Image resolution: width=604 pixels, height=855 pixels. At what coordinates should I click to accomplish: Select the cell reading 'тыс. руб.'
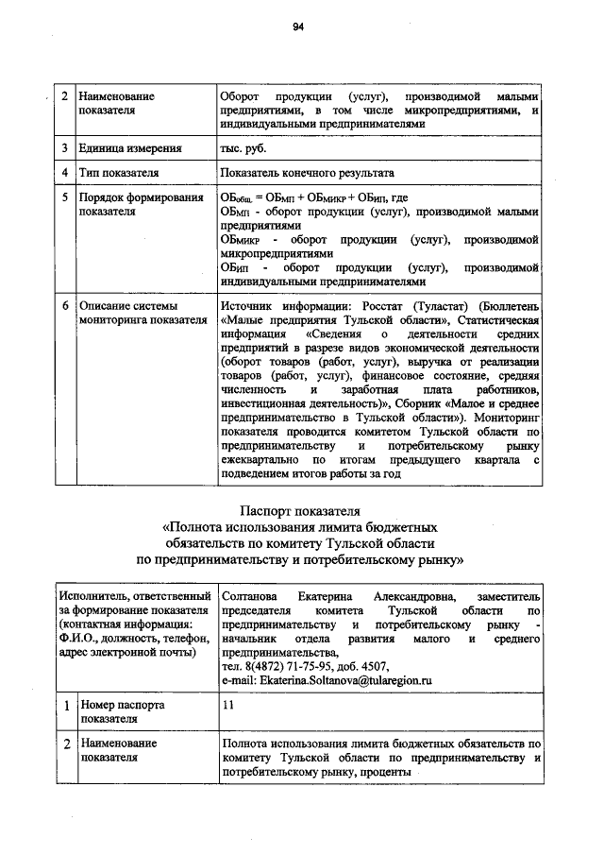[243, 149]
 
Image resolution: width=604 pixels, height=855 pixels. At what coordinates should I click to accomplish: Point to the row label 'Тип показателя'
[118, 174]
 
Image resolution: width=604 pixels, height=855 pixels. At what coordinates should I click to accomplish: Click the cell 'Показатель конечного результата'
[307, 174]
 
